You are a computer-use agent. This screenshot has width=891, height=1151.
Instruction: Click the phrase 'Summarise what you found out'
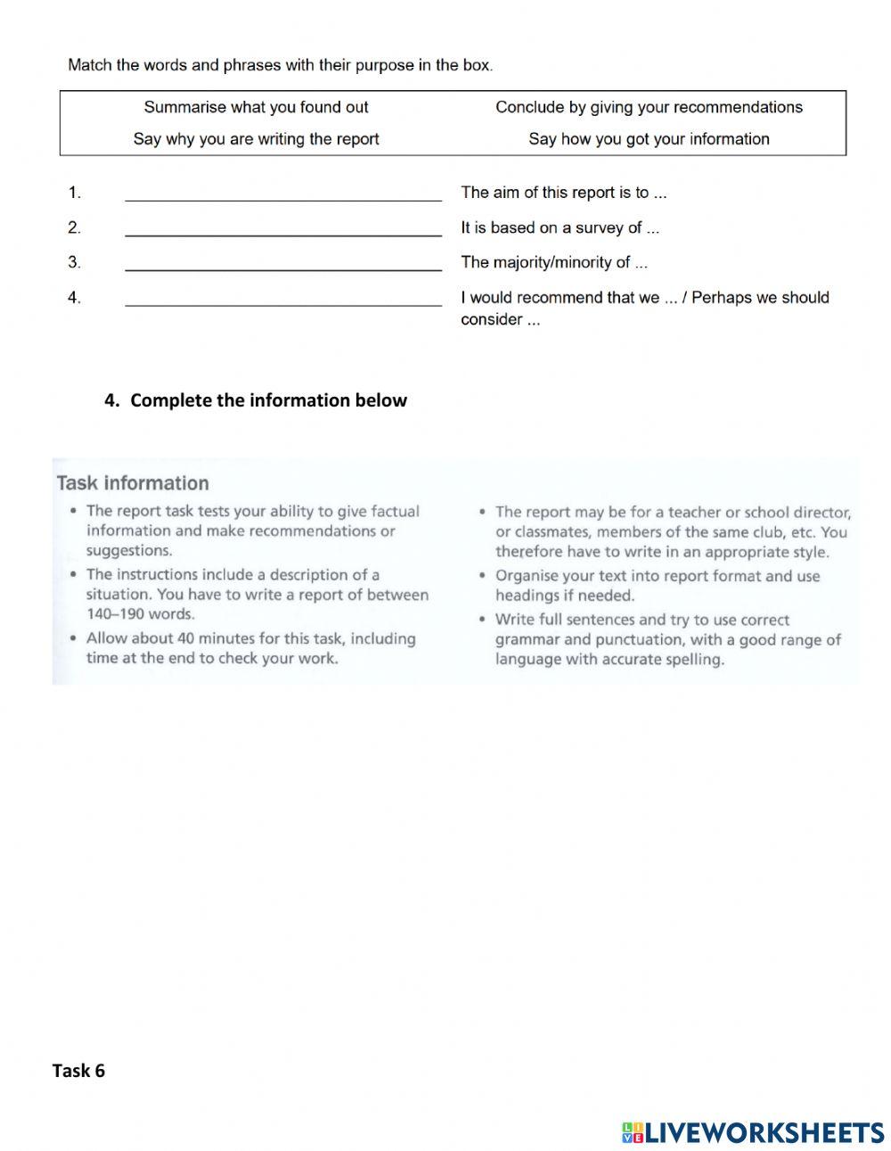(256, 107)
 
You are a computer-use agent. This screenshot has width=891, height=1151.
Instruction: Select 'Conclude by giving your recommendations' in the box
(649, 107)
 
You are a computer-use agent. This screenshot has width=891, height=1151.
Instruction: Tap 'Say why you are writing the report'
(256, 139)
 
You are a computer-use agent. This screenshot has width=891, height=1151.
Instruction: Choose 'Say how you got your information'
(649, 139)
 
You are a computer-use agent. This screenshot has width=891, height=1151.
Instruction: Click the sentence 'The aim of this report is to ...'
(563, 193)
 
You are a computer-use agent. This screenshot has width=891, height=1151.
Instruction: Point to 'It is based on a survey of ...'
(560, 228)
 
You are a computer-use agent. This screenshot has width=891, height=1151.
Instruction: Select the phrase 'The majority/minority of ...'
(553, 262)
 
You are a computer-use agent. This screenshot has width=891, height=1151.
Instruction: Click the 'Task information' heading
(133, 483)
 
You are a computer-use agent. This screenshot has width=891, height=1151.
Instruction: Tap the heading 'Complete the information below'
(268, 400)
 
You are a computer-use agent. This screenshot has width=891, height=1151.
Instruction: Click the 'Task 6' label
(78, 1071)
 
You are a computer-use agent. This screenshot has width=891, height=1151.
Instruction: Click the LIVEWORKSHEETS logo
(753, 1132)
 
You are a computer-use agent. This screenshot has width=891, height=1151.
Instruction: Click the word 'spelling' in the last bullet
(693, 660)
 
